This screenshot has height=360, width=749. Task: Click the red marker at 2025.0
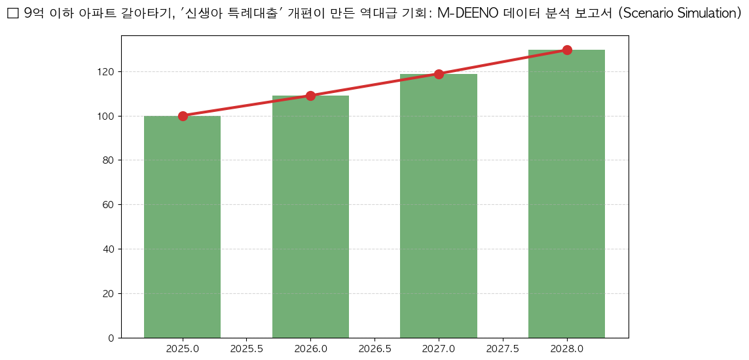click(x=183, y=116)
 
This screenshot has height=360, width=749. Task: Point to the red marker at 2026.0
click(x=310, y=96)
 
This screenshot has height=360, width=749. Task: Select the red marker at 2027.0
click(x=439, y=74)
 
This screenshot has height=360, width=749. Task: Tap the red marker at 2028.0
click(x=567, y=50)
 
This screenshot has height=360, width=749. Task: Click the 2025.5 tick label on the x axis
click(x=246, y=349)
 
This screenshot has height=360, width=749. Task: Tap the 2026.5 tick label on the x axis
click(x=374, y=349)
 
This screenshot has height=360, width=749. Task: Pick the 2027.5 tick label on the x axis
click(x=503, y=349)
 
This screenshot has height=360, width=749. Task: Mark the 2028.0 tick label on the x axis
click(x=567, y=349)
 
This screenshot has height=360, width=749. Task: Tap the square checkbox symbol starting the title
click(x=12, y=14)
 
